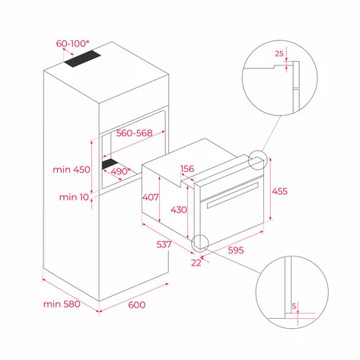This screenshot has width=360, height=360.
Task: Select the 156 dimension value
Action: (x=187, y=170)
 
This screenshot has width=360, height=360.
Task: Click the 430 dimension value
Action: (x=178, y=209)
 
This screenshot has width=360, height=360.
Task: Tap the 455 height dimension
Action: (x=281, y=192)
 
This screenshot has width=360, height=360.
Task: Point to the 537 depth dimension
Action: (x=163, y=245)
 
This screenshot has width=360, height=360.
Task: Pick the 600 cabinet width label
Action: (x=135, y=305)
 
